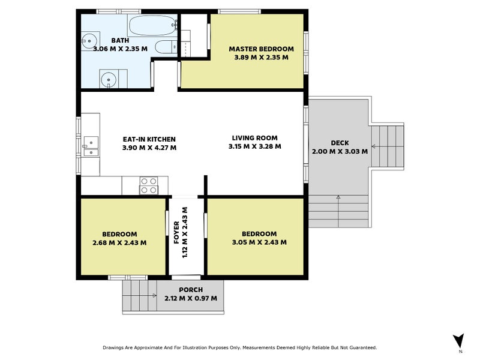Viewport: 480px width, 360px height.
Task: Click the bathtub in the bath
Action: tap(153, 26)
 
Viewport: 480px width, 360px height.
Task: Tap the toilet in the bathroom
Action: tap(166, 47)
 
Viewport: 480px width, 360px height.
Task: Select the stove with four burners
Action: tap(149, 185)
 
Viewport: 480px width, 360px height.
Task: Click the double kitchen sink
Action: tap(91, 146)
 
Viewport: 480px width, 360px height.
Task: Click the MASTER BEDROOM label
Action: tap(261, 49)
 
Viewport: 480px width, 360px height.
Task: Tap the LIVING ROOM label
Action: tap(254, 138)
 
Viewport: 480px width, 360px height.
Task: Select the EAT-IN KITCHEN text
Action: tap(149, 139)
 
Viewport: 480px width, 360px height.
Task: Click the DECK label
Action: tap(340, 143)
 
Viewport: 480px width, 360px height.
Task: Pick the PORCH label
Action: tap(191, 290)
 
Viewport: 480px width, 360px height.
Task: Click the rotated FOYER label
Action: tap(176, 233)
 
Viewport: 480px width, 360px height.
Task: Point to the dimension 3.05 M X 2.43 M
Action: tap(259, 242)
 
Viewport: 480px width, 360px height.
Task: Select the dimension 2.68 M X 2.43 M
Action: tap(119, 243)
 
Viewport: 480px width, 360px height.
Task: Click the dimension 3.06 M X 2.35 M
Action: tap(120, 49)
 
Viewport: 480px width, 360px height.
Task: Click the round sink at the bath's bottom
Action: tap(109, 80)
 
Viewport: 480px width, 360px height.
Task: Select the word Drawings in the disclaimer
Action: tap(113, 348)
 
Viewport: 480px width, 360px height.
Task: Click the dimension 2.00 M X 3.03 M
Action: tap(340, 151)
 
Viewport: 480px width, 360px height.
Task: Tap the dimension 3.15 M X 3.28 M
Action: tap(254, 146)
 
